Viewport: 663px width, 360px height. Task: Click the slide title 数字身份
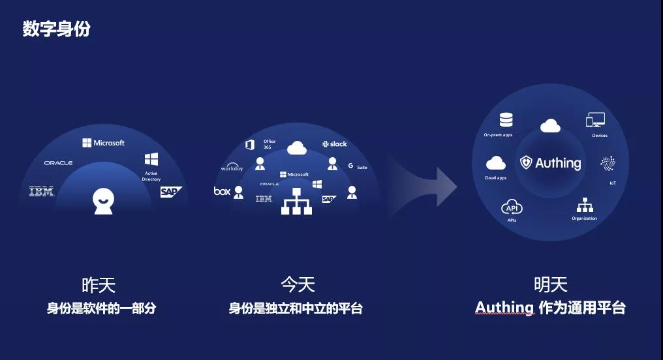[56, 29]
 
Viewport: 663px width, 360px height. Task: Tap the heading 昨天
[99, 285]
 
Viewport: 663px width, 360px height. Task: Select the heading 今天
[298, 285]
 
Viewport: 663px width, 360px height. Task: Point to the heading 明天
[550, 284]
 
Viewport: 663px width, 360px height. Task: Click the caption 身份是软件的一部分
[101, 308]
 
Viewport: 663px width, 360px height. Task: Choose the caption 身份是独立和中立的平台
[295, 308]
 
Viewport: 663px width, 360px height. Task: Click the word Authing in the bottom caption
[504, 307]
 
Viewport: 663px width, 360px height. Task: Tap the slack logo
[334, 143]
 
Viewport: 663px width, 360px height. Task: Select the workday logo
[232, 168]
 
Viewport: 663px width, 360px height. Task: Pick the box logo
[222, 191]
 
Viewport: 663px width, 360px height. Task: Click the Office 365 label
[269, 144]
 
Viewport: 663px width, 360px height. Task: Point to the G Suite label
[358, 167]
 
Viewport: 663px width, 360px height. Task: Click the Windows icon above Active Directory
[151, 159]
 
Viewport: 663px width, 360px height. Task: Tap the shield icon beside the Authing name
[526, 162]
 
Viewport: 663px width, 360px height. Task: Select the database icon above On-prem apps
[506, 120]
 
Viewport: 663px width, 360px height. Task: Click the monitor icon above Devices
[595, 120]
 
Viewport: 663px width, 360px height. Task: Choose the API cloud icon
[512, 208]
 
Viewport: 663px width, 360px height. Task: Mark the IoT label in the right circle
[613, 183]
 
